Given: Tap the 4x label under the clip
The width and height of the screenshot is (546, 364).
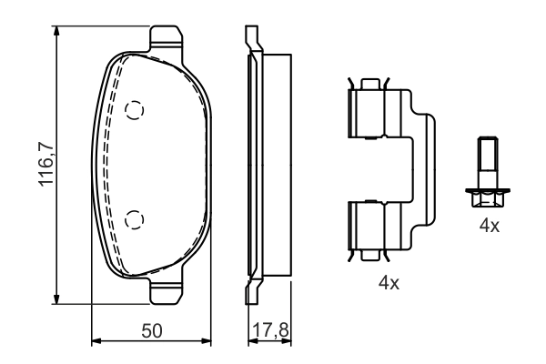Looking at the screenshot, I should coord(389,283).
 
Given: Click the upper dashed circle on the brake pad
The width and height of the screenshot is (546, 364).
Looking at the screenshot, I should coord(135,110).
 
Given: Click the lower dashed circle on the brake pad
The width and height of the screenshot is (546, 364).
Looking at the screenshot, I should coord(135,217).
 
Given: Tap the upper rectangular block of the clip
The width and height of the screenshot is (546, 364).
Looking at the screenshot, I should coord(369,113).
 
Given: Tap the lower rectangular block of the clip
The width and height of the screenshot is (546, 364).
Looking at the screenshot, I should coord(369,229).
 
